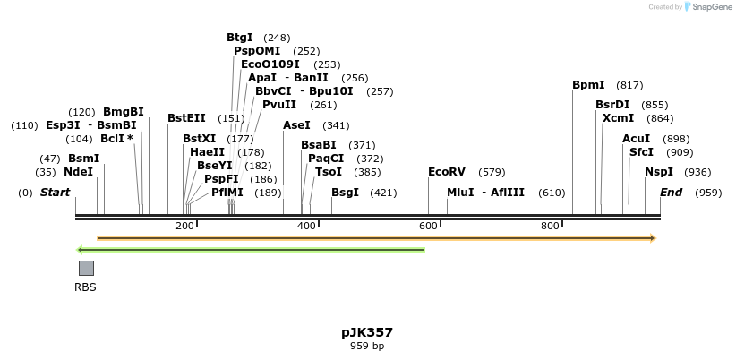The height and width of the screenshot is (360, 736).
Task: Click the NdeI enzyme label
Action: coord(78,172)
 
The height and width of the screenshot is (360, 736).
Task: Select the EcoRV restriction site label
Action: coord(447,172)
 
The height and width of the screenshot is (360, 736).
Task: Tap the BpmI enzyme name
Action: coord(588,85)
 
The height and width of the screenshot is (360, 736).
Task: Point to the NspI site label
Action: coord(659,172)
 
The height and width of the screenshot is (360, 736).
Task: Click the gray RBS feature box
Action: coord(86,268)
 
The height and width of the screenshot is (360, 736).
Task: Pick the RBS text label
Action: coord(85,287)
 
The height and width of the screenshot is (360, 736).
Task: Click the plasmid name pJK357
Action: coord(367,332)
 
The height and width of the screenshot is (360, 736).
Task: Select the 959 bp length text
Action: coord(367,346)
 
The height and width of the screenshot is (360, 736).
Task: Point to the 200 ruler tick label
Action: coord(185,226)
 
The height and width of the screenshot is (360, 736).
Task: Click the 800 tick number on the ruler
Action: coord(550,226)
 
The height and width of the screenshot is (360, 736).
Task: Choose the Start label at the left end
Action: coord(55,193)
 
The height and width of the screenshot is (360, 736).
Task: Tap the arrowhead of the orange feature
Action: coord(653,238)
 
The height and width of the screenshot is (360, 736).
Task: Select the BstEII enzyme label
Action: coord(186,117)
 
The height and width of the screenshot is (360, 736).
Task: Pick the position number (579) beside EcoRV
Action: coord(492,172)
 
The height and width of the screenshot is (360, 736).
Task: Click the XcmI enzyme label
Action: coord(618,118)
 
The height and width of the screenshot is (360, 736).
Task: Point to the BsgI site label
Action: coord(345,193)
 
